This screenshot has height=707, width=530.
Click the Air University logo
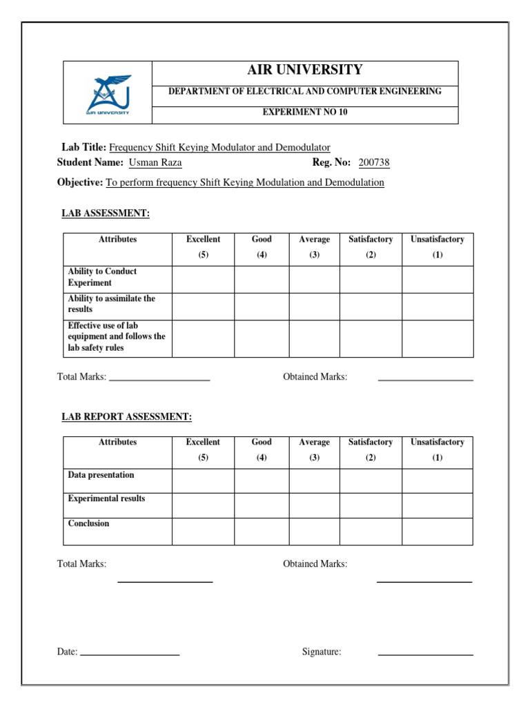coord(107,94)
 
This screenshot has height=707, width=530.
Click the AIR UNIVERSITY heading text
coord(304,70)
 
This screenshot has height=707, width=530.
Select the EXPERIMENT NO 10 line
coord(304,112)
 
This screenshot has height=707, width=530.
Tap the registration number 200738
coord(374,163)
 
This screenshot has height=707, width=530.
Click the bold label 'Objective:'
coord(80,182)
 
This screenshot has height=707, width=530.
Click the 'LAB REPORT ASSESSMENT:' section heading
coord(127,416)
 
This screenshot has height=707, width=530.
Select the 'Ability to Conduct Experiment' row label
coord(102,277)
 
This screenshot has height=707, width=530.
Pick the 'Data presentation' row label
coord(101,475)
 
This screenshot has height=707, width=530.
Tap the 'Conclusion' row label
coord(88,523)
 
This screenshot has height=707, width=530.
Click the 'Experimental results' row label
coord(106,498)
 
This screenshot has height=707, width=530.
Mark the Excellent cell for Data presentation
coord(203,481)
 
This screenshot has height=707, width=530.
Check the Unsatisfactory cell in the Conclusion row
coord(438,531)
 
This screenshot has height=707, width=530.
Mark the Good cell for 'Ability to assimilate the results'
coord(262,306)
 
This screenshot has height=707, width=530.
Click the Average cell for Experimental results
coord(314,505)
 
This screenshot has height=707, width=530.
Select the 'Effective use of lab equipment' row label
coord(116,337)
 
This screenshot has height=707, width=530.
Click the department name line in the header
coord(304,92)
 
